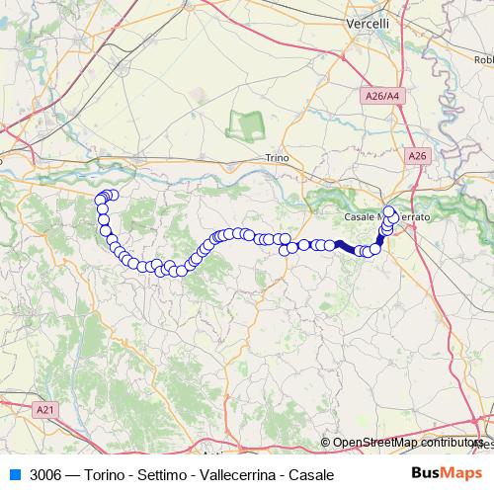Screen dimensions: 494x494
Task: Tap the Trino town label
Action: pyautogui.click(x=277, y=157)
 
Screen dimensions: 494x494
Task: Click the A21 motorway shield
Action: pyautogui.click(x=43, y=408)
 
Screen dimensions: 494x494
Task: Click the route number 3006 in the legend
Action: pyautogui.click(x=45, y=474)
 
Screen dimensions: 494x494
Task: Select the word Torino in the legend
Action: pyautogui.click(x=106, y=474)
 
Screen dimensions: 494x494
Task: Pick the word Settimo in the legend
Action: pyautogui.click(x=161, y=474)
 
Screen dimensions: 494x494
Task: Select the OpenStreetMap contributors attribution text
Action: pyautogui.click(x=407, y=443)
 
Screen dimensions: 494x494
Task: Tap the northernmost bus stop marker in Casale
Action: pyautogui.click(x=389, y=210)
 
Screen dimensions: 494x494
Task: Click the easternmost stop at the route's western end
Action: pyautogui.click(x=113, y=196)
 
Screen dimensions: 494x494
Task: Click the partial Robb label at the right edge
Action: pyautogui.click(x=482, y=59)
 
